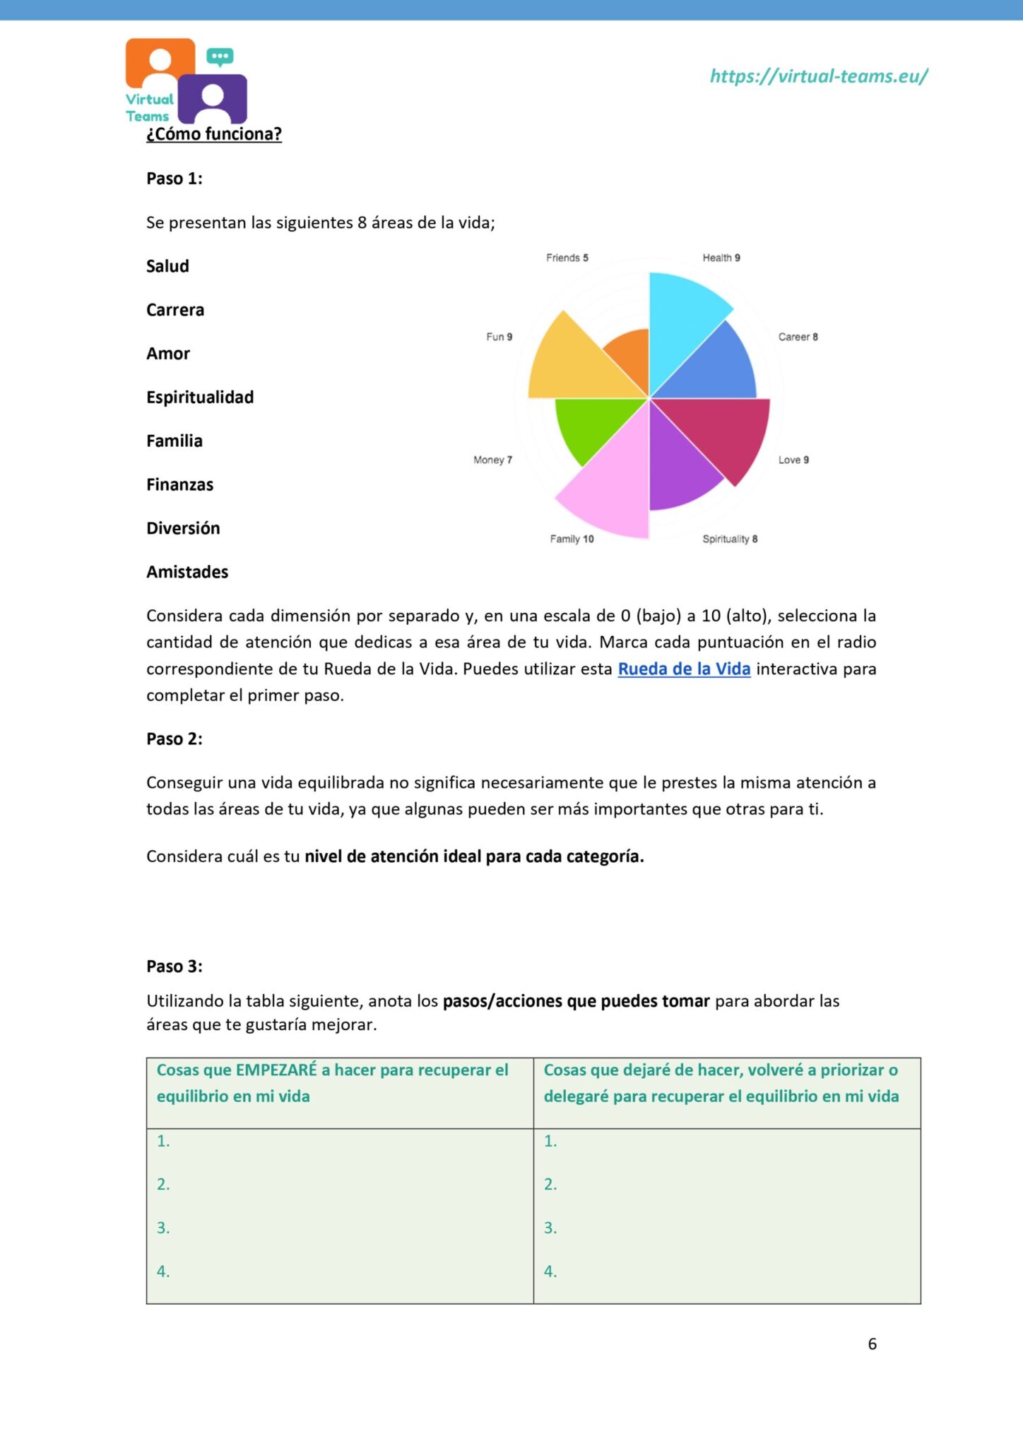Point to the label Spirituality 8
[730, 539]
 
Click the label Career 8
[798, 337]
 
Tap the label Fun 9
[499, 337]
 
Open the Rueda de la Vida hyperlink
[684, 669]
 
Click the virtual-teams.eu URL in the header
[818, 76]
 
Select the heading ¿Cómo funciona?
[214, 133]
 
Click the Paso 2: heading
[175, 739]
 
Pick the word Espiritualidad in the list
[200, 397]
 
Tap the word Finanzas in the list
[179, 484]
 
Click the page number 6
[872, 1344]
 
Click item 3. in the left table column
[163, 1228]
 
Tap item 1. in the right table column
[550, 1141]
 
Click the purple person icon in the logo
[212, 100]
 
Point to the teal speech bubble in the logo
[220, 56]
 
